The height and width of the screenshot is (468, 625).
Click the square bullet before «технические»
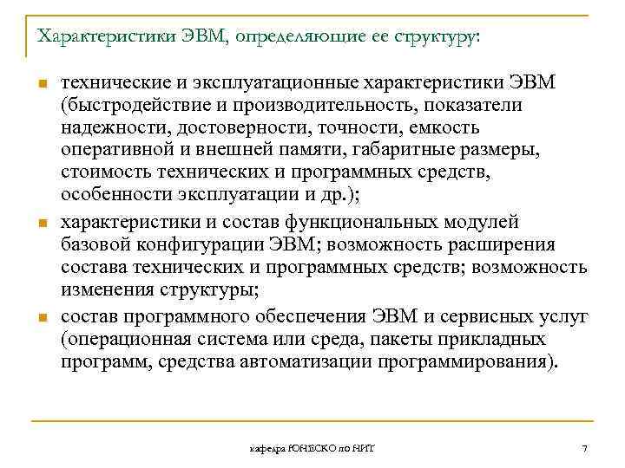click(x=40, y=83)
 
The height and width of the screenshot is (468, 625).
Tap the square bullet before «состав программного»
click(x=40, y=315)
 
